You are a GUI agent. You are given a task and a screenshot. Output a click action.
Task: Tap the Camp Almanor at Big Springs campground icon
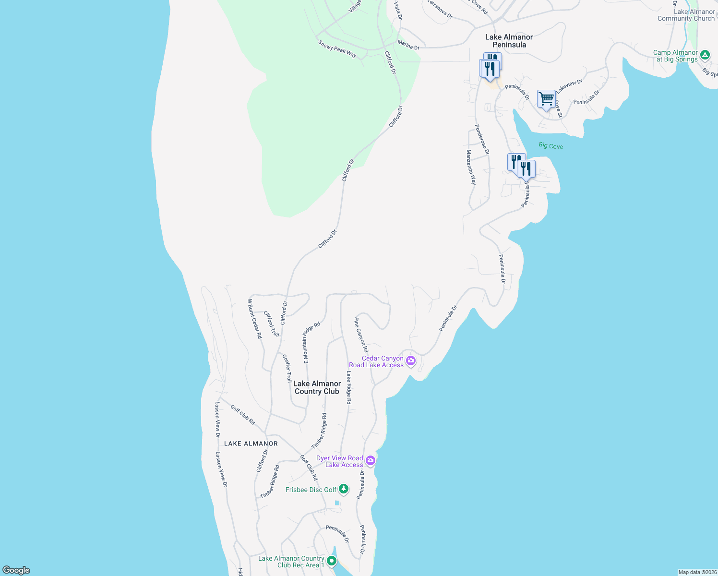[705, 55]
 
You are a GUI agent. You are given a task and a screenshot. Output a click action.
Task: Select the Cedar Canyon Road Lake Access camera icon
[410, 361]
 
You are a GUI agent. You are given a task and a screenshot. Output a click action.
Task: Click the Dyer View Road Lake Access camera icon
[370, 461]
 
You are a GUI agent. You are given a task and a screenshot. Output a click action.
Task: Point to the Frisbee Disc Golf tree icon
[343, 490]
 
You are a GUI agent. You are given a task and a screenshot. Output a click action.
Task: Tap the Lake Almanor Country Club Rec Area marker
[331, 561]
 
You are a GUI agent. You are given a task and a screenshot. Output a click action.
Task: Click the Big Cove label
[550, 145]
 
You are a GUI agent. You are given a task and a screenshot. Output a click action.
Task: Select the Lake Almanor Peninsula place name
[509, 41]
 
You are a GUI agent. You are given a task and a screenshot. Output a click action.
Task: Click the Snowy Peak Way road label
[337, 49]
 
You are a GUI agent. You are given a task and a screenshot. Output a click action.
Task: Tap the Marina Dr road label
[408, 45]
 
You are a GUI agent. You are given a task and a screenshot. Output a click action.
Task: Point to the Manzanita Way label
[471, 167]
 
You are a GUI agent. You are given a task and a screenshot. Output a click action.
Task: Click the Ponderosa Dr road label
[482, 139]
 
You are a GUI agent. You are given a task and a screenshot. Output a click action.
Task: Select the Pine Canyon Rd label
[361, 335]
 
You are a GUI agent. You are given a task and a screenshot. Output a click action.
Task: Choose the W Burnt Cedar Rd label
[255, 319]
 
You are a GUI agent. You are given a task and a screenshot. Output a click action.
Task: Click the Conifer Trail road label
[287, 368]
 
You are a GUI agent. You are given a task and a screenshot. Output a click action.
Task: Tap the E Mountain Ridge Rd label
[311, 343]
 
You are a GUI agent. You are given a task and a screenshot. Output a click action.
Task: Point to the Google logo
[16, 570]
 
